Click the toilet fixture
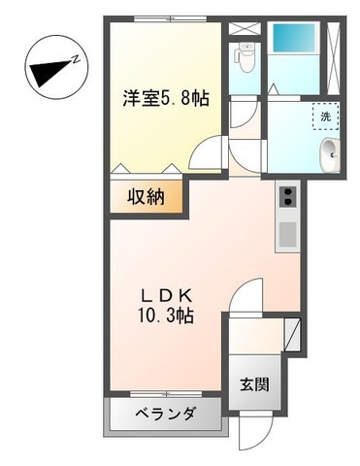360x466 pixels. (245, 58)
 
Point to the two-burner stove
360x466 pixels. (288, 198)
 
